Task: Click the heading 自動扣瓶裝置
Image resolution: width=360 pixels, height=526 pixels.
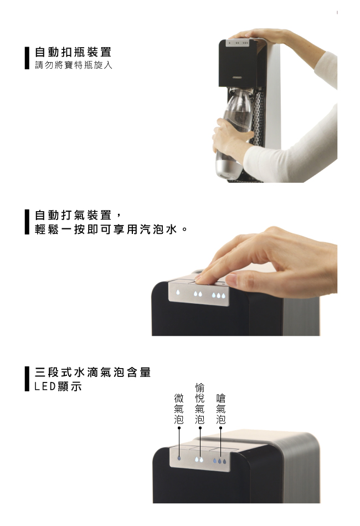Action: click(x=73, y=52)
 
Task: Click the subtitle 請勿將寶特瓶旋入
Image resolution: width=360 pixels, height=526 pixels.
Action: click(x=74, y=65)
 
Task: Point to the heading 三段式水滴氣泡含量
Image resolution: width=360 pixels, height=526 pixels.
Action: click(x=93, y=372)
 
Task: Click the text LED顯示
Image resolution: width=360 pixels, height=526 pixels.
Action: click(x=58, y=386)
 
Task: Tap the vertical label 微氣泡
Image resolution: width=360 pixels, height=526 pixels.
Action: click(x=179, y=409)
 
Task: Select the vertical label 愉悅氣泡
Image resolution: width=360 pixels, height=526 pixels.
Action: click(x=200, y=404)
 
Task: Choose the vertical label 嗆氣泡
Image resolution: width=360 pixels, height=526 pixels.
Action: click(x=221, y=409)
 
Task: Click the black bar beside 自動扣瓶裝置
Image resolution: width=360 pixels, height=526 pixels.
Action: click(x=27, y=58)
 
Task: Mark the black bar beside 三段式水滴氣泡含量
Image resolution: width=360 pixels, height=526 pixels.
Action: click(x=27, y=379)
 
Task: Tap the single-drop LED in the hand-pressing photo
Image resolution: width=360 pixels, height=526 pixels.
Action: click(x=178, y=292)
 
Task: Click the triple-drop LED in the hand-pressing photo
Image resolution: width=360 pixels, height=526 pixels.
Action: click(x=218, y=296)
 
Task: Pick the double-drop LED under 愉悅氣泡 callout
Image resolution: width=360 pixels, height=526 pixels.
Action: click(x=199, y=459)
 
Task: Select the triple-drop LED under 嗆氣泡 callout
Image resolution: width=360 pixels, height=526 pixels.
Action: click(x=219, y=461)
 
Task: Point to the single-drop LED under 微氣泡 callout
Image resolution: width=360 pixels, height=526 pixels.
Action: click(x=179, y=458)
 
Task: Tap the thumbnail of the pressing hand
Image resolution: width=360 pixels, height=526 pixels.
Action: click(x=232, y=280)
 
